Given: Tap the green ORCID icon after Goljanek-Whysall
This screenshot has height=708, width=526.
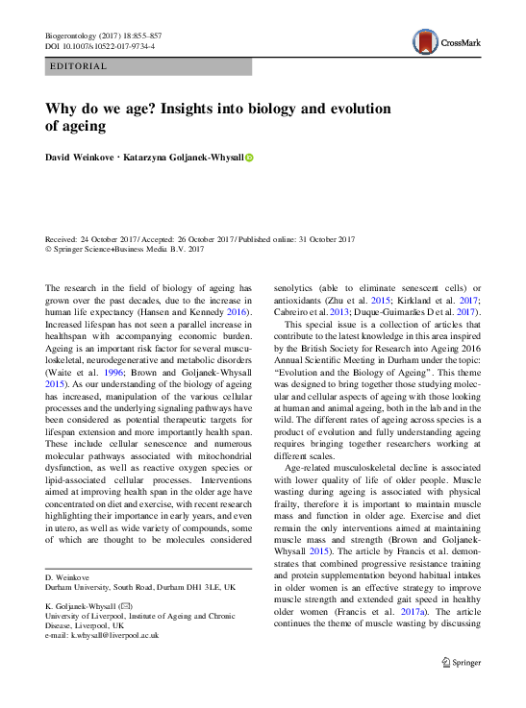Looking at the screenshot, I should click(249, 157).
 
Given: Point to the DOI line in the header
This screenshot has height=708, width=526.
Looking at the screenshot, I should click(100, 45).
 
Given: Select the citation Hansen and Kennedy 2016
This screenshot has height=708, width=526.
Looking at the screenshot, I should click(206, 312).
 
